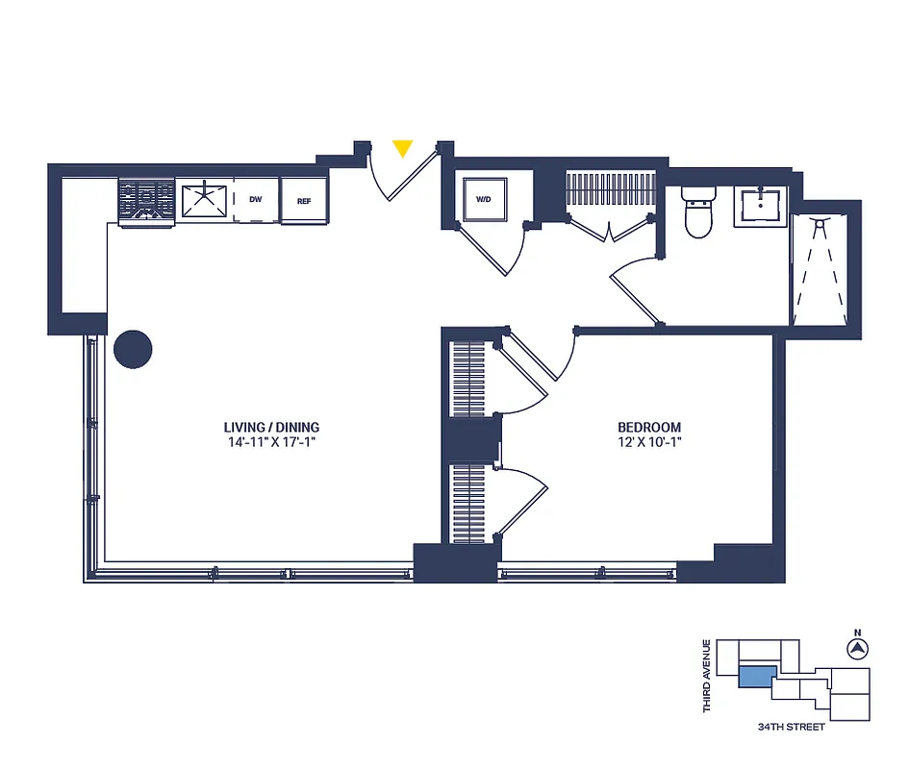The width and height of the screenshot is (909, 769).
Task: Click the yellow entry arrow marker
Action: coord(403,148)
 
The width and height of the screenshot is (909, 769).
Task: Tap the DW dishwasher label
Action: coord(255,201)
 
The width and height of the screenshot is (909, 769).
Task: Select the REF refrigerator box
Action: coord(304,201)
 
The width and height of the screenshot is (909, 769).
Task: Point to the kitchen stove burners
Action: coord(146,202)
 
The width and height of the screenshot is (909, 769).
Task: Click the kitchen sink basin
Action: coord(204,201)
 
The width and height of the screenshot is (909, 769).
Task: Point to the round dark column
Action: coord(133,350)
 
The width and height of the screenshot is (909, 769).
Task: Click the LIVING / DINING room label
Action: coord(271,428)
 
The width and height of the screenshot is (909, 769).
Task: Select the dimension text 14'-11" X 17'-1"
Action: coord(271,443)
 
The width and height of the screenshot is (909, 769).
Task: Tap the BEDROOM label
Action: coord(649,428)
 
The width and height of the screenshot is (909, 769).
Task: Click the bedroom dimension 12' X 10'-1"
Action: coord(649,443)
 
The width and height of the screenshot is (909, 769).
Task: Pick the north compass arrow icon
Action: coord(855,650)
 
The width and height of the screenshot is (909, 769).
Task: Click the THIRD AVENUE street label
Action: coord(707,676)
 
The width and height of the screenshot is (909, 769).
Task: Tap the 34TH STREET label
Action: coord(791,727)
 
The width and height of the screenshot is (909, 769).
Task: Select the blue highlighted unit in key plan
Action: coord(756,677)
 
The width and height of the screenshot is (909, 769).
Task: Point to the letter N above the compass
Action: coord(855,633)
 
